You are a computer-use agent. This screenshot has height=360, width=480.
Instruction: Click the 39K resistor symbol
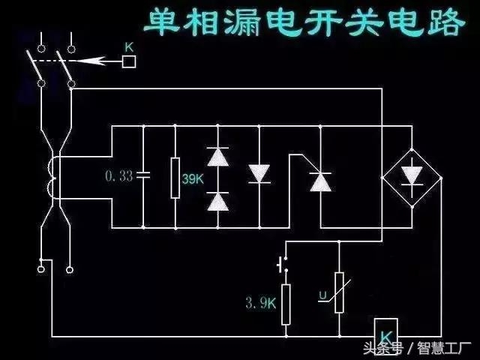[x=175, y=177]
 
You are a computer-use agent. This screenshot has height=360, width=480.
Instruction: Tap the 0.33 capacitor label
[x=118, y=176]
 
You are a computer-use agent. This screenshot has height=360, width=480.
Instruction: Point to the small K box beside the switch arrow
[x=128, y=62]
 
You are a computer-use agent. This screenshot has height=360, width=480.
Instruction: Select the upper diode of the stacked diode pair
[x=217, y=156]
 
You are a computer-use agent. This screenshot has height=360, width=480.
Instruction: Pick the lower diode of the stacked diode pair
[x=217, y=200]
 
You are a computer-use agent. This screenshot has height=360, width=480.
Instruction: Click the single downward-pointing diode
[x=259, y=173]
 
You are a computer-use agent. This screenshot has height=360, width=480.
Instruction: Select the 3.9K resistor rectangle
[x=286, y=304]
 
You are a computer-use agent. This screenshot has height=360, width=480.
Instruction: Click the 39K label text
[x=192, y=179]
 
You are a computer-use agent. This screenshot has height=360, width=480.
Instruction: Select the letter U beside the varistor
[x=322, y=295]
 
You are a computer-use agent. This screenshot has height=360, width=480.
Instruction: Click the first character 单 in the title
[x=164, y=23]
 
